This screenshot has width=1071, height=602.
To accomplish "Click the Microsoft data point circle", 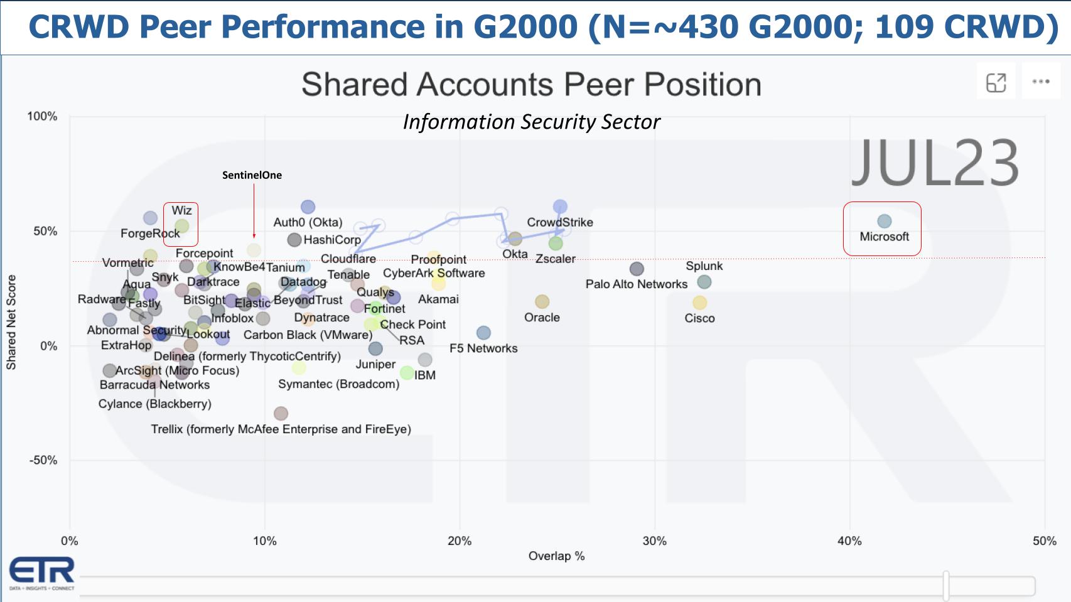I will tap(884, 221).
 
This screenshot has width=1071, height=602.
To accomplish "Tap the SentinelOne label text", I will tap(252, 175).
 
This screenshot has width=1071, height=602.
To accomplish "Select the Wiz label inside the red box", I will tap(181, 210).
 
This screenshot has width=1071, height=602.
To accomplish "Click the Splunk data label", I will tap(704, 266).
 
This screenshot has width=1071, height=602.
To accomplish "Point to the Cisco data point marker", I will tap(699, 303).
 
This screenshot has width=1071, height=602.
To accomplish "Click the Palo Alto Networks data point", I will tap(637, 269).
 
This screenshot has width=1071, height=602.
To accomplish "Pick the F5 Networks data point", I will tap(483, 333).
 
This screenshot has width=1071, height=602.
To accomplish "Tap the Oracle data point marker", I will tap(542, 302).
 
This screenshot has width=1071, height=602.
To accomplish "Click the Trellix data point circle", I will tap(281, 413).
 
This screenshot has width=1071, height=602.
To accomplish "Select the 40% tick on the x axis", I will tap(849, 540).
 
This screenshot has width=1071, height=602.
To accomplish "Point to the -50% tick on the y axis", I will tap(42, 460).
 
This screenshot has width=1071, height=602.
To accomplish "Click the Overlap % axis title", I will tap(556, 556).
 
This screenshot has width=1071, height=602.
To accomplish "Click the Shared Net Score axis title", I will tap(11, 322).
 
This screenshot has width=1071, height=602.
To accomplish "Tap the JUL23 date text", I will tap(934, 163).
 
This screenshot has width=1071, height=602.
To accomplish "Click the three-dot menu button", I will tap(1040, 81).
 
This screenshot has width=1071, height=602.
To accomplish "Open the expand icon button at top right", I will tap(996, 82).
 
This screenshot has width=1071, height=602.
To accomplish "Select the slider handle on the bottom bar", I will tap(945, 586).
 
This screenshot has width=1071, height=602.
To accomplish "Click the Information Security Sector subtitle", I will tap(531, 121).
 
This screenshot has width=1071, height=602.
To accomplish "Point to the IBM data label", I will tap(424, 375).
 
